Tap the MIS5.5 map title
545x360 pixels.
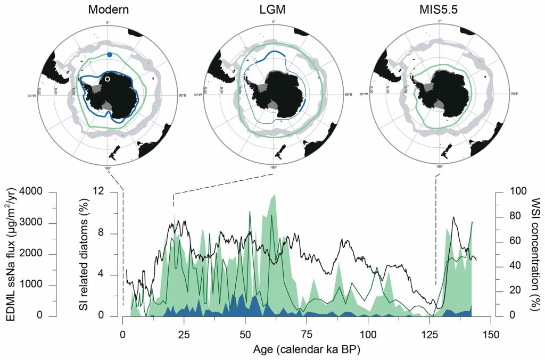coord(440,9)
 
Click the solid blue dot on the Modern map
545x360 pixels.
coord(109,55)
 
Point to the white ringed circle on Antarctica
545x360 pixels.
coord(108,79)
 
